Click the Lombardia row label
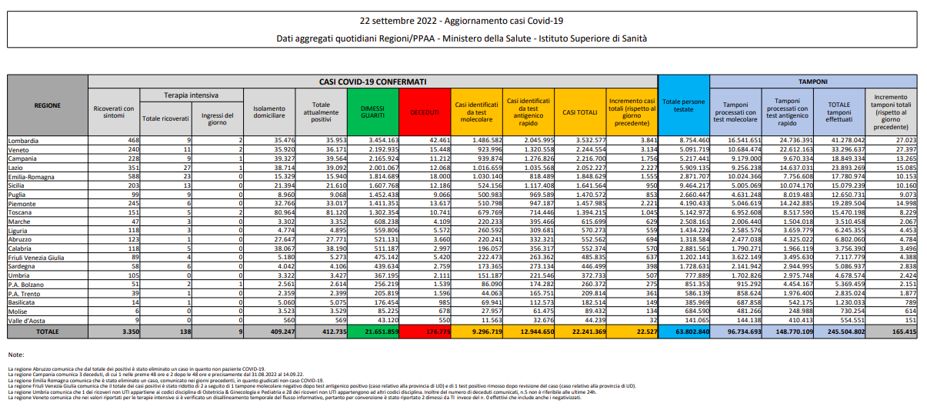tap(23, 140)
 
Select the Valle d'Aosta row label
tap(26, 319)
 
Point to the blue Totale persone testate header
tap(683, 105)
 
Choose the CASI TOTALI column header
tap(580, 112)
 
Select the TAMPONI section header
tap(812, 80)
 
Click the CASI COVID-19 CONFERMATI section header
tap(373, 80)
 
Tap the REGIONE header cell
tap(48, 105)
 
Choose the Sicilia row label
tap(18, 185)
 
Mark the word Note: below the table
tap(16, 354)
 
